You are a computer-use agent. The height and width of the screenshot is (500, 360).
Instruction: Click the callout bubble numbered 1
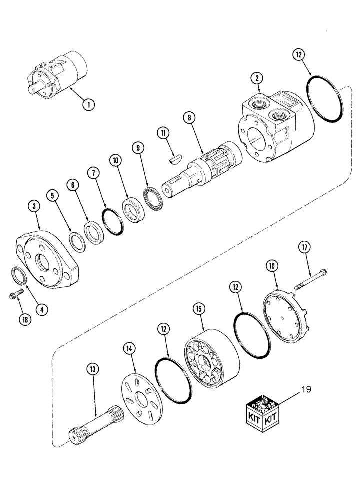coord(88,104)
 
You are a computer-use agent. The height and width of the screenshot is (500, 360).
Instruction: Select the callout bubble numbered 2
coord(257,78)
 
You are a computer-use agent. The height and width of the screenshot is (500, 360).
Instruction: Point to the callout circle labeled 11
coord(162,133)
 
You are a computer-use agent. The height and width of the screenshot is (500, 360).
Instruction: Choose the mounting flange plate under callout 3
coord(47,259)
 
